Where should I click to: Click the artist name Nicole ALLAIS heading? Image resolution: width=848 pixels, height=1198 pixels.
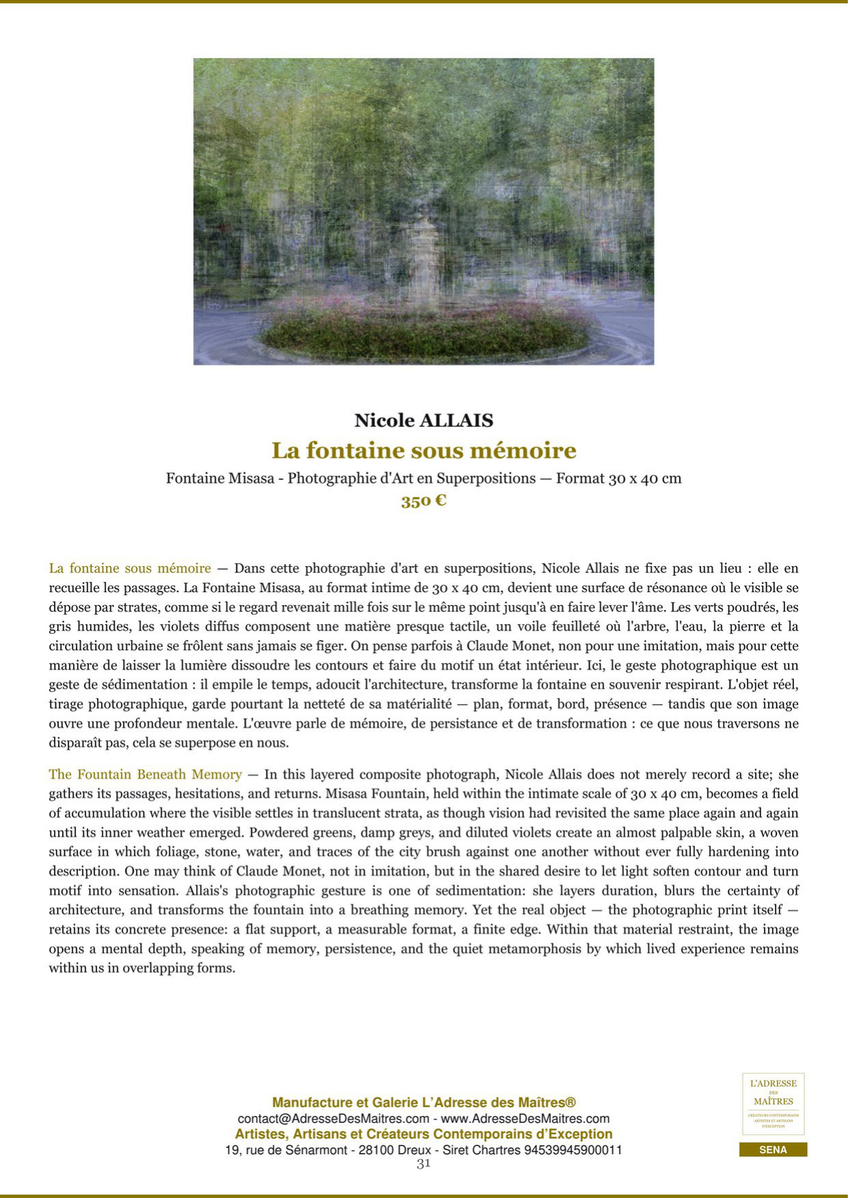point(424,420)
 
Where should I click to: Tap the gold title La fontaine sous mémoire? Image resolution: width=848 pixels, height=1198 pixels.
point(424,451)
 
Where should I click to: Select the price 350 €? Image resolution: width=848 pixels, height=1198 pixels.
point(424,501)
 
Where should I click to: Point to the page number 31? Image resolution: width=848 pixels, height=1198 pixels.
point(424,1164)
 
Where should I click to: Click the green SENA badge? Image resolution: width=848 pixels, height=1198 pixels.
point(773,1150)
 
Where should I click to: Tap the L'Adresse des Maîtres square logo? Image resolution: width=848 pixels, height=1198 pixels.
point(773,1104)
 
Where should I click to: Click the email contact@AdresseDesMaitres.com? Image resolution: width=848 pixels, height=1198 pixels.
point(333,1119)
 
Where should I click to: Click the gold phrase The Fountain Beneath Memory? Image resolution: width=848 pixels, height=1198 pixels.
point(145,775)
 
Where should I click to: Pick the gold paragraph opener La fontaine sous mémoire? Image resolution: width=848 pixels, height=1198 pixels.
point(130,568)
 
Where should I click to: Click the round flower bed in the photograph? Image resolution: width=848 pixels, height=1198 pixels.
point(424,331)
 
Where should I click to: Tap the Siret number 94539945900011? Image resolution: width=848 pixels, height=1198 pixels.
point(573,1150)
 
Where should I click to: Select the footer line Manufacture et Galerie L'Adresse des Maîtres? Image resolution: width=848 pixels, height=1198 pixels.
point(424,1102)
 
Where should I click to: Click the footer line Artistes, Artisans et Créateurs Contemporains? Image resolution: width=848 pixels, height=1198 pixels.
point(424,1134)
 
